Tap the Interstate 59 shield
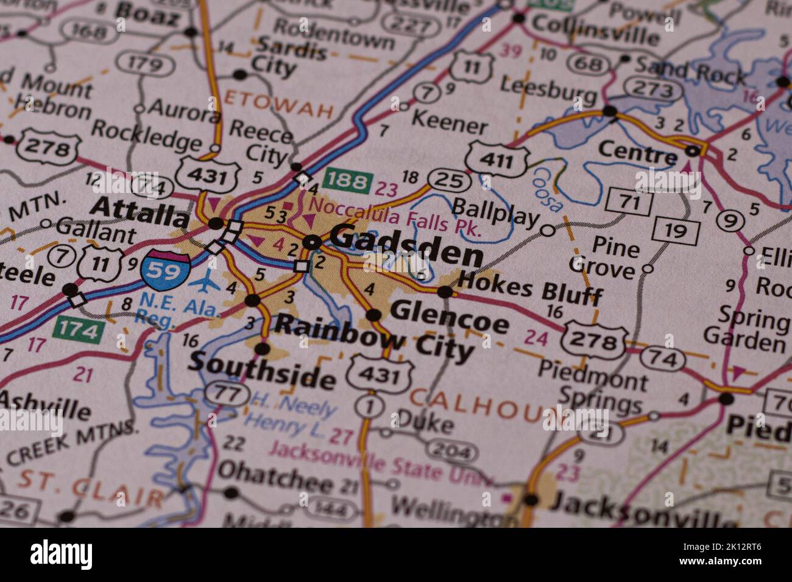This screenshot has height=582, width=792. coord(165,268)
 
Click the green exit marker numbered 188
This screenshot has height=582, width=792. coord(348,181)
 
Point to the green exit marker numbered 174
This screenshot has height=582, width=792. coord(79,330)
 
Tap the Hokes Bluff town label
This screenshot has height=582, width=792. coord(529,289)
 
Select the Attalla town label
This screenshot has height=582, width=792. coord(140,212)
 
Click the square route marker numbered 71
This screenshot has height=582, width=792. coord(630,202)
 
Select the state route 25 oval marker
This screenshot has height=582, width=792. coord(448,180)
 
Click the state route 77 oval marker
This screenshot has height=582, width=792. coord(227,393)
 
